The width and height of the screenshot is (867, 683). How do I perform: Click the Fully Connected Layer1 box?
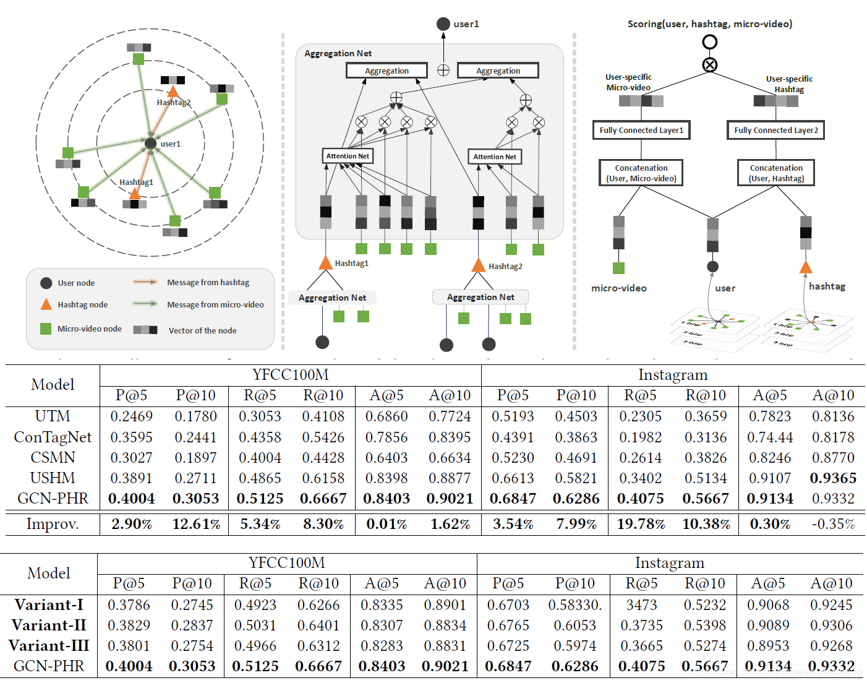click(641, 130)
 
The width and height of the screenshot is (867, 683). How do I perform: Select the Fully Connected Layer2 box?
click(775, 130)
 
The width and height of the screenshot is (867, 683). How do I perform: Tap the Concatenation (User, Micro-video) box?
click(641, 173)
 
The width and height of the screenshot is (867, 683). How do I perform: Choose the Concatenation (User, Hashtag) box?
click(776, 173)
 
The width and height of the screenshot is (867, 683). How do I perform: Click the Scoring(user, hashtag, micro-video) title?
click(709, 24)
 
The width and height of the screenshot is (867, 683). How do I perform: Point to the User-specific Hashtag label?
click(789, 84)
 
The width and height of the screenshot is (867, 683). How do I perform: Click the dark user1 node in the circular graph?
click(150, 144)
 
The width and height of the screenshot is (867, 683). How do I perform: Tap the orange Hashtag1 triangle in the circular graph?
click(134, 193)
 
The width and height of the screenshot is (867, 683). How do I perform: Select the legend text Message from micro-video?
click(215, 304)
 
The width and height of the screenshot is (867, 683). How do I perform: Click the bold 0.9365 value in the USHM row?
click(833, 478)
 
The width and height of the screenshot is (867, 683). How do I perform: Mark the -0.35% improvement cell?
click(833, 524)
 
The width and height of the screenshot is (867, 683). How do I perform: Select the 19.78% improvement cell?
click(641, 524)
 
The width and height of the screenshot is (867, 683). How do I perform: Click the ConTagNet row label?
click(53, 437)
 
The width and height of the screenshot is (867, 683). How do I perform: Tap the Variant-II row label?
click(49, 625)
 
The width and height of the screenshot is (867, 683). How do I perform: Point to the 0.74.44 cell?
click(769, 437)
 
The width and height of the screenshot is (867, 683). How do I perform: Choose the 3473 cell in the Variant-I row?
click(641, 605)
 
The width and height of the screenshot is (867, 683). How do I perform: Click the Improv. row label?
click(53, 524)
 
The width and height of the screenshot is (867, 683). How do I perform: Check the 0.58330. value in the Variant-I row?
click(574, 605)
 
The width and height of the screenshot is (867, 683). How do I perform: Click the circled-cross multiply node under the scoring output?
click(710, 64)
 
